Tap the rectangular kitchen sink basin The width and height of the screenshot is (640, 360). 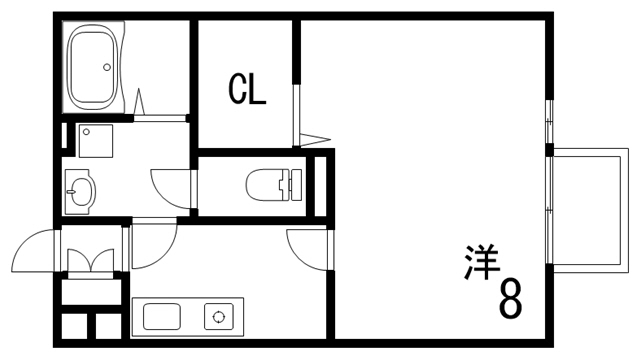[163, 317]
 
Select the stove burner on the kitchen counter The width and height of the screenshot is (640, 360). [218, 317]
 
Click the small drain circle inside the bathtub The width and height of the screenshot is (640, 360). [106, 68]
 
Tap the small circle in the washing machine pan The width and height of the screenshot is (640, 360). [86, 131]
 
